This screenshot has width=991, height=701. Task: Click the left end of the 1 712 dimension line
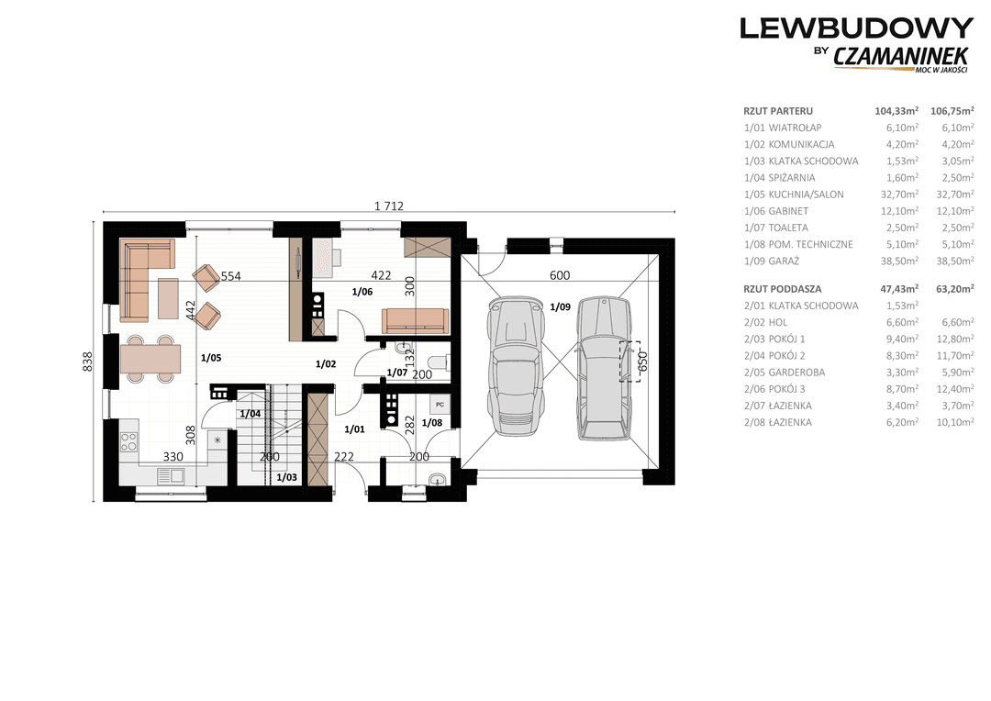pos(104,212)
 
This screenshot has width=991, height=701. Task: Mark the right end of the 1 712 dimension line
pos(675,212)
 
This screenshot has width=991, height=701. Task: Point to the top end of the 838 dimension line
pos(95,222)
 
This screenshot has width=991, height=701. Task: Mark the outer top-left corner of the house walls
pos(104,221)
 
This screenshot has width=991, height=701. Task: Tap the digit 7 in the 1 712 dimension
pos(389,206)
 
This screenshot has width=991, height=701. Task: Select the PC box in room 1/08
pos(440,404)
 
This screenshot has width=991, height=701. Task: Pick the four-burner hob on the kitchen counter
pos(129,440)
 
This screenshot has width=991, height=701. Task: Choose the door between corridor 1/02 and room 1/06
pos(351,325)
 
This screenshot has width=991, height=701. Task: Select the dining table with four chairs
pos(150,359)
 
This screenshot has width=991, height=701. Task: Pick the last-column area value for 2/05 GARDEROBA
pos(955,373)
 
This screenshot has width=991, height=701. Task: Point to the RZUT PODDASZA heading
pos(783,289)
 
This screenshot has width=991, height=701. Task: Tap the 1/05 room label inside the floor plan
pos(211,358)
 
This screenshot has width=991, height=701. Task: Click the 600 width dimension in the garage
pos(560,275)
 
